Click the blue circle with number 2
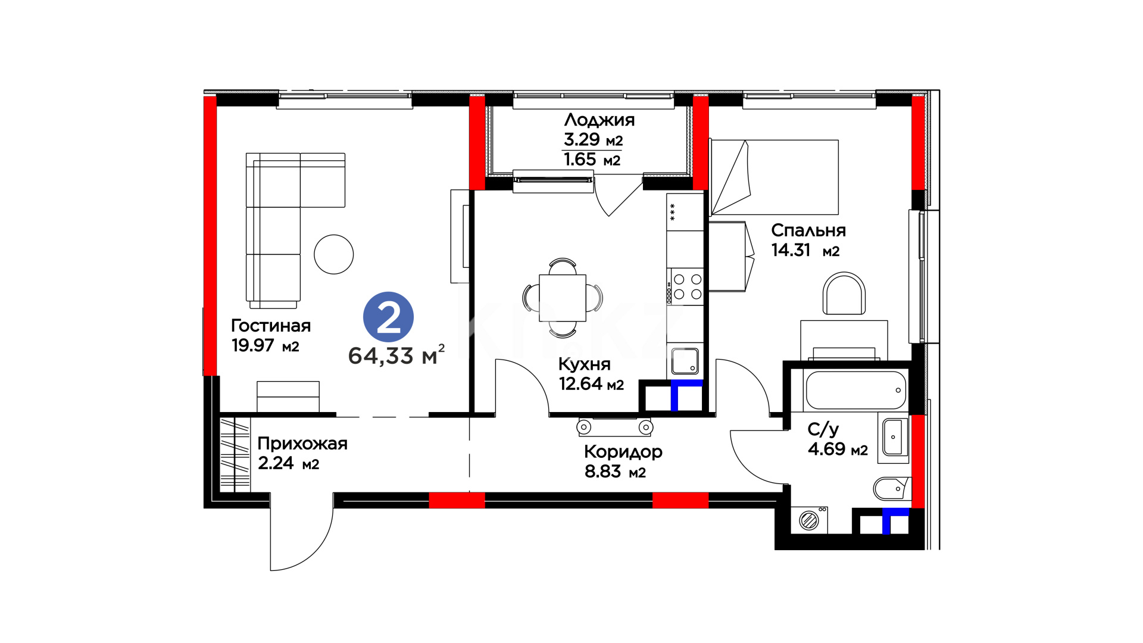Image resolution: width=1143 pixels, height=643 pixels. point(388,317)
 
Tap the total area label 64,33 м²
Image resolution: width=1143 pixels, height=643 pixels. point(396,355)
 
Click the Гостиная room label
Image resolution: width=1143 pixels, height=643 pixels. point(271,326)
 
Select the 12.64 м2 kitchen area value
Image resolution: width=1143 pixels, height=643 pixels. point(591,384)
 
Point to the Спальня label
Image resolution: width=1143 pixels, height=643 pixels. point(808,230)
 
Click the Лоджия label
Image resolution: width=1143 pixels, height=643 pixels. point(599,120)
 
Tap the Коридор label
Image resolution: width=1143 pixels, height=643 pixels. point(623,452)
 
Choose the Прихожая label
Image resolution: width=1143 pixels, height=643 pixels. point(302,444)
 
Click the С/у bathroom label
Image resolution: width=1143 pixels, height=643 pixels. point(823,429)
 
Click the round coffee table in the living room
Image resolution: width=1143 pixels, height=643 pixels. point(334,254)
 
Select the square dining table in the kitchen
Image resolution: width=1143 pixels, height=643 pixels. point(563,298)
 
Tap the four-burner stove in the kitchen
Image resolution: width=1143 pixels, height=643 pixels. point(685,286)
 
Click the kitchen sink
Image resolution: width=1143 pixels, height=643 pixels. point(685,361)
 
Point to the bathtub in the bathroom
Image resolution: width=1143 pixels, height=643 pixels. point(855,390)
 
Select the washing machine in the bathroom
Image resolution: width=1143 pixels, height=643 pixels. point(809,520)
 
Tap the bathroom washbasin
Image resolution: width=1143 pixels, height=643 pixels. point(894,437)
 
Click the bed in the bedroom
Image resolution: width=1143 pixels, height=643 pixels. point(774,177)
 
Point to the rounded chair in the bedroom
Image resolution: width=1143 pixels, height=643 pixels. point(844,294)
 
